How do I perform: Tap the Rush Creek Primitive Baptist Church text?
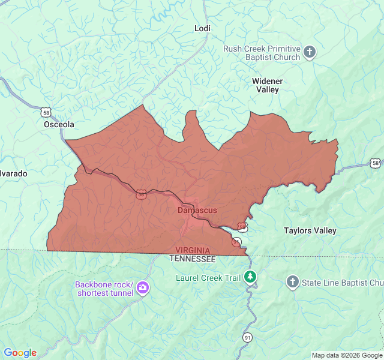point(262,53)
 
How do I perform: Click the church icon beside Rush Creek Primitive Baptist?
point(310,53)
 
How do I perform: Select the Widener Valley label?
point(267,85)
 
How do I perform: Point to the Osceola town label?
point(59,124)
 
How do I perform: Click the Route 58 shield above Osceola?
point(46,112)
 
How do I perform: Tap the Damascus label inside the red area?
point(197,210)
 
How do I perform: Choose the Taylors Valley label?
point(310,230)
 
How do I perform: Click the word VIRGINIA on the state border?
point(193,250)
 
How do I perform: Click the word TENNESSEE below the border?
point(192,259)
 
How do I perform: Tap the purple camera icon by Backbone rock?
point(143,288)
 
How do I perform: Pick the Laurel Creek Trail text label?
point(207,277)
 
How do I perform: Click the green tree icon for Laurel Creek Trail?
point(250,277)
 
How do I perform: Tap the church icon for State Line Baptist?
point(292,282)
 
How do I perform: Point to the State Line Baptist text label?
point(343,282)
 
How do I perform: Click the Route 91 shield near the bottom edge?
point(247,338)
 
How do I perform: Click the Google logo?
point(20,353)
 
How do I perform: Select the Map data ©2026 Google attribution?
point(346,355)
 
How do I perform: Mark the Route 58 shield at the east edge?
point(375,163)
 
